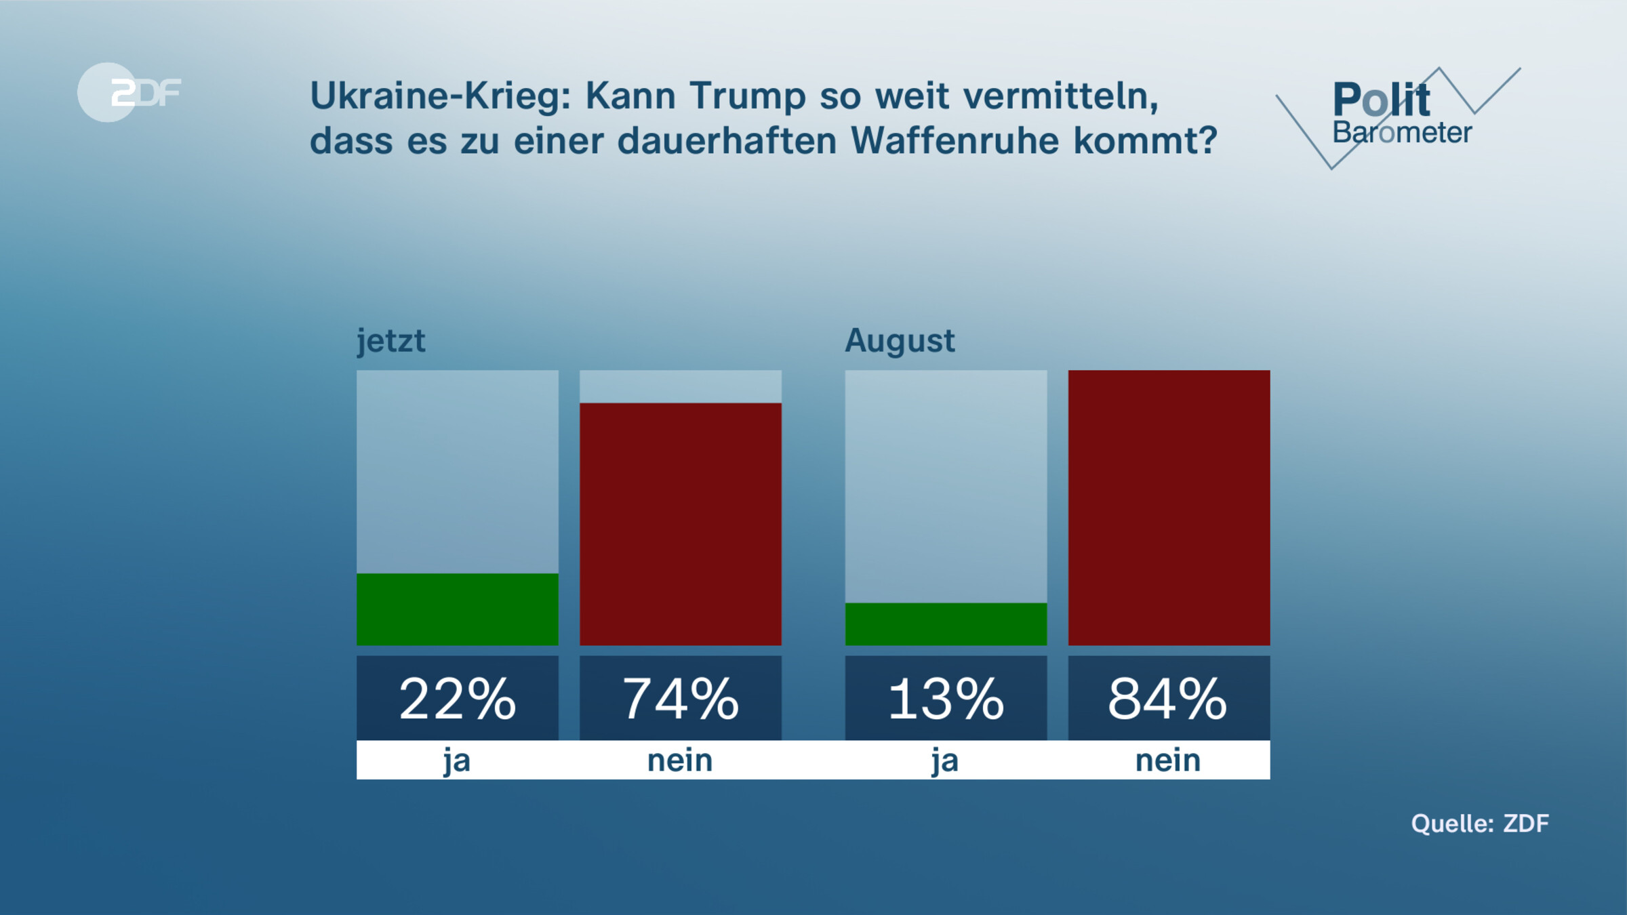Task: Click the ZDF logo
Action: click(129, 92)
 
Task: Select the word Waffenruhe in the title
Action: click(955, 141)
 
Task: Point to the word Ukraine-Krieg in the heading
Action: click(441, 96)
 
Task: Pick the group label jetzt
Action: click(391, 340)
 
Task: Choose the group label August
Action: click(900, 340)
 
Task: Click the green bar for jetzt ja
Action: click(458, 609)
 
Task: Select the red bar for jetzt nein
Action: click(681, 524)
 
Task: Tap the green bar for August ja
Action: click(946, 624)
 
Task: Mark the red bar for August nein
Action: click(1169, 508)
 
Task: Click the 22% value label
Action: click(458, 699)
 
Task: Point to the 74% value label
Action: click(681, 699)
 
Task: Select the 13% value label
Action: click(946, 699)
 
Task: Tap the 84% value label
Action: click(1169, 699)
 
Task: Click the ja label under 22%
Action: click(457, 760)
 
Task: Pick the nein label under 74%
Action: click(680, 760)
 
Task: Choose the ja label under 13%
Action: click(945, 760)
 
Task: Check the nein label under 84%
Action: click(1168, 760)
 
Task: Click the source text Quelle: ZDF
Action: click(1480, 823)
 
